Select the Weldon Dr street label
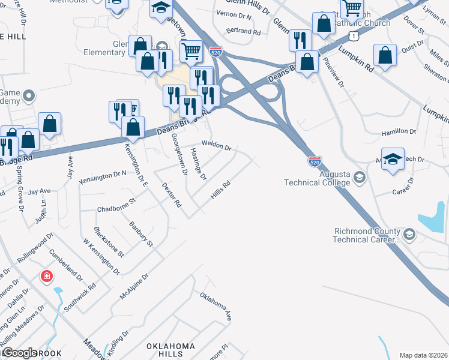(216, 145)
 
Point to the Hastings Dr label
(199, 164)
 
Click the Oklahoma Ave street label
(215, 306)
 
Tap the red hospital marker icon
(46, 277)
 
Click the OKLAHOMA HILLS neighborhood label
(171, 351)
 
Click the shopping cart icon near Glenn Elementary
(191, 50)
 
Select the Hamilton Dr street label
(399, 131)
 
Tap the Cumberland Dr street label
(65, 265)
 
